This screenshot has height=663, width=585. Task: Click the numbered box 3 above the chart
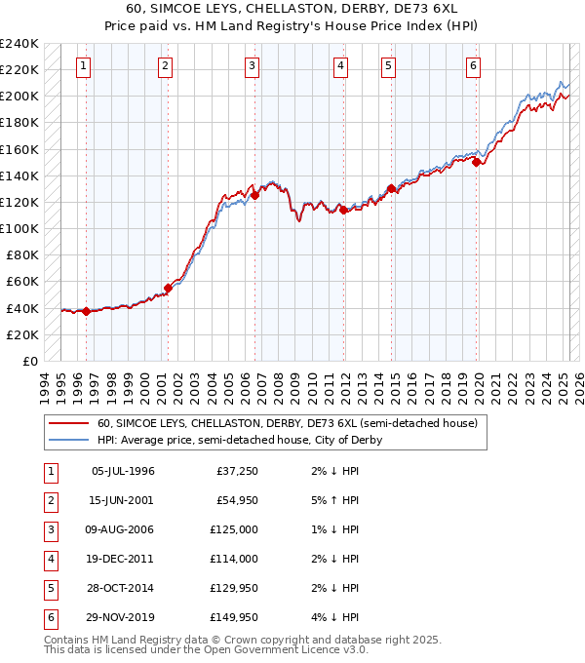pos(252,66)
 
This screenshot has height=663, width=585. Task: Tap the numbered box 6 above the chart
pos(473,66)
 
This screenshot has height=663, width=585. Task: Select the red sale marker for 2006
pos(254,195)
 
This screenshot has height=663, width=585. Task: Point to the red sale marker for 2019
pos(477,163)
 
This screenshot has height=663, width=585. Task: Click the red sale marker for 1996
pos(86,311)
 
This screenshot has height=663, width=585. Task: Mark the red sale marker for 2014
pos(391,188)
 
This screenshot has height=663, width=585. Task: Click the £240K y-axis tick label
pos(19,44)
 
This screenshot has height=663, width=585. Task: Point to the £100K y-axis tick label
pos(19,228)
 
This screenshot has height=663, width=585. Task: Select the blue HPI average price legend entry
pos(240,440)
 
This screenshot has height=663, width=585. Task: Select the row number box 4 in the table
pos(48,559)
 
